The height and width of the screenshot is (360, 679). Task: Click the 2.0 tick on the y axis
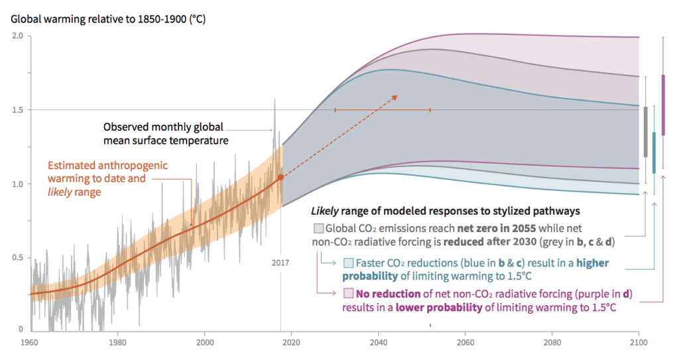pyautogui.click(x=18, y=36)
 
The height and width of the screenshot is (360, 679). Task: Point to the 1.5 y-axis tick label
pyautogui.click(x=18, y=109)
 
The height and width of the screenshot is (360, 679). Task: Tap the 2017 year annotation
pyautogui.click(x=280, y=263)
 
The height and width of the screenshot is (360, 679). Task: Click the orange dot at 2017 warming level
pyautogui.click(x=280, y=177)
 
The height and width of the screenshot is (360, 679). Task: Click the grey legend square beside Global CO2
pyautogui.click(x=318, y=228)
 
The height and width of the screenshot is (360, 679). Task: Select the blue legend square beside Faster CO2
pyautogui.click(x=349, y=262)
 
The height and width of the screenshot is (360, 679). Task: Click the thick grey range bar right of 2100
pyautogui.click(x=646, y=132)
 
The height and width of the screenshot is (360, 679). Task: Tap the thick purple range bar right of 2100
pyautogui.click(x=664, y=105)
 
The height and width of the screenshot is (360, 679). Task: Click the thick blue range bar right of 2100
pyautogui.click(x=654, y=152)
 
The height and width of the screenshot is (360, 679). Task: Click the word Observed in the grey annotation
pyautogui.click(x=125, y=126)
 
